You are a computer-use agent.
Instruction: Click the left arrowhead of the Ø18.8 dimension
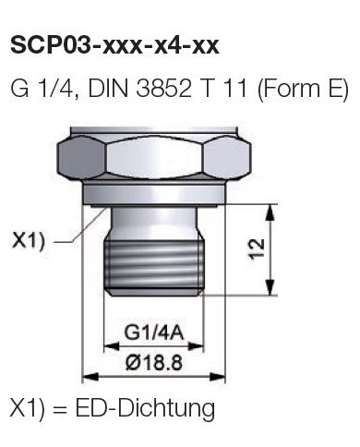(89, 376)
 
